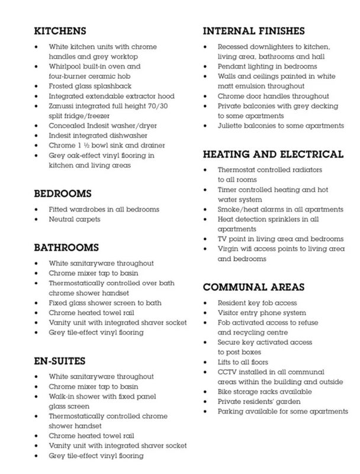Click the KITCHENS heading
(60, 30)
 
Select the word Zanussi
(63, 106)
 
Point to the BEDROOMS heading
(62, 193)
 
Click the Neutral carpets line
(75, 219)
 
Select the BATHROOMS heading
(66, 247)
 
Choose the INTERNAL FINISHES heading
(262, 30)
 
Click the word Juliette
(234, 126)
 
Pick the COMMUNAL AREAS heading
(253, 287)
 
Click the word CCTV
(229, 371)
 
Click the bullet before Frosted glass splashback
(37, 87)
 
